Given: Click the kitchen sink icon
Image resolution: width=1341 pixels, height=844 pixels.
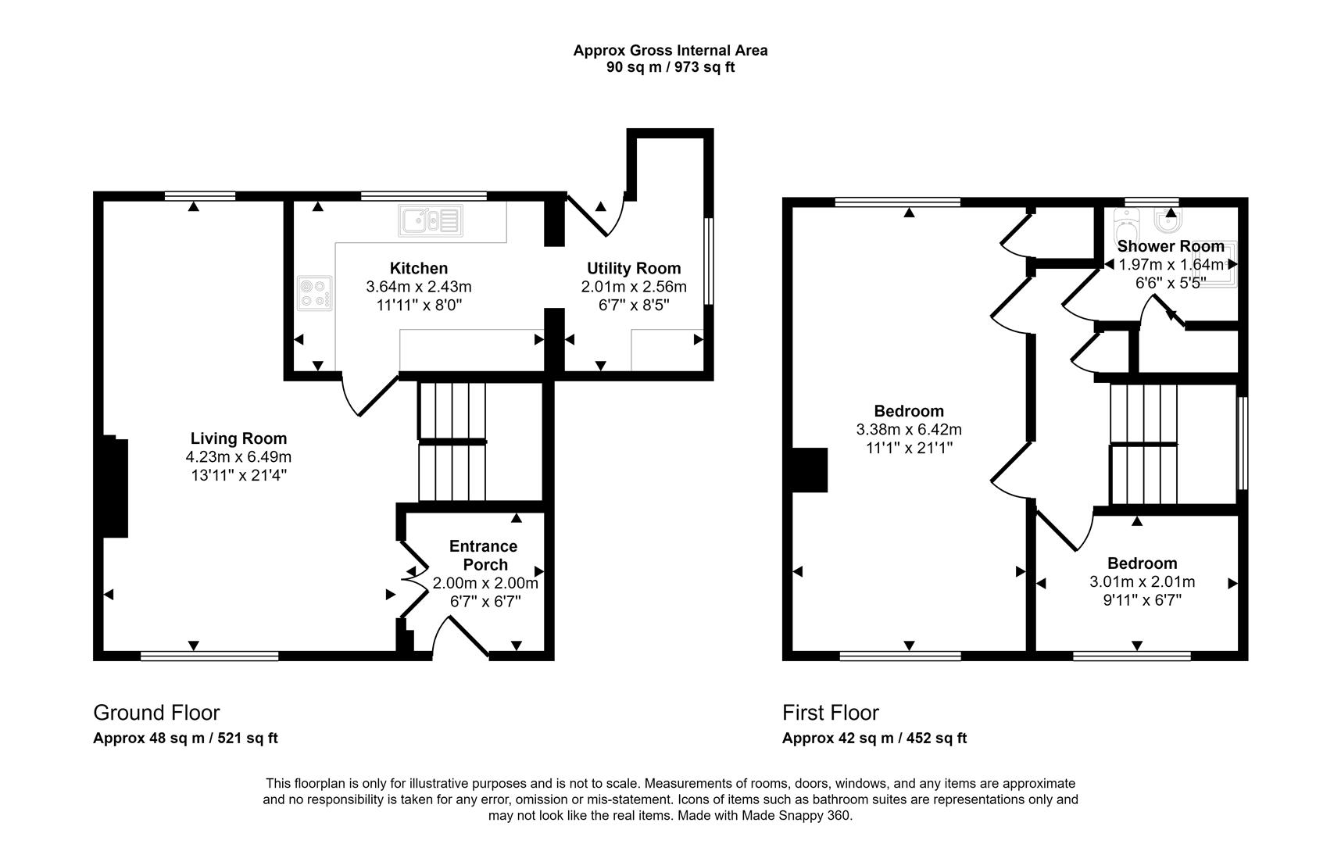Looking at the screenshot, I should [x=431, y=220].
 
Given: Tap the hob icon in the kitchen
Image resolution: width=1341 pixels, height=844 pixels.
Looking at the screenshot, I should [x=314, y=294].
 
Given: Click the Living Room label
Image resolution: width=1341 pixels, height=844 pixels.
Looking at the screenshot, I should [x=238, y=438].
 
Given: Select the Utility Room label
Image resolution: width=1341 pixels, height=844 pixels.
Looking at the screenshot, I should [x=634, y=269].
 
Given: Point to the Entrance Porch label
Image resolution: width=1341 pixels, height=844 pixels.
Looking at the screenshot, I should [x=484, y=556].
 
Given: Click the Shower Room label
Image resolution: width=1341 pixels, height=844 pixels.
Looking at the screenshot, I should [x=1170, y=247].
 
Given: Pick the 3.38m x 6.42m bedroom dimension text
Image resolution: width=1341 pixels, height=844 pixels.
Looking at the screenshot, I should [x=909, y=430].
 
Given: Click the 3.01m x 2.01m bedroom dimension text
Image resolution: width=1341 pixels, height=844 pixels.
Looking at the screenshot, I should [x=1142, y=582].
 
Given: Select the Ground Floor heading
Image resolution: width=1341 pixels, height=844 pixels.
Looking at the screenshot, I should [x=156, y=713].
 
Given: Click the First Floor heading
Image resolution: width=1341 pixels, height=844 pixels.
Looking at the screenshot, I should [x=830, y=713].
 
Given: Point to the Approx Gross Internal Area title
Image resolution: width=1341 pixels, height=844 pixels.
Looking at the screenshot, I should [x=670, y=51].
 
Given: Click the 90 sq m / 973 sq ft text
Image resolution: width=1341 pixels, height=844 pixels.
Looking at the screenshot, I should [x=670, y=67].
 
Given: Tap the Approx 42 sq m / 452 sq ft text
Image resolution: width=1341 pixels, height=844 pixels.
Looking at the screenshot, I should [x=874, y=738].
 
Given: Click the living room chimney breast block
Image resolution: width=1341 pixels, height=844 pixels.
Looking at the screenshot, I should [x=113, y=488].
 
